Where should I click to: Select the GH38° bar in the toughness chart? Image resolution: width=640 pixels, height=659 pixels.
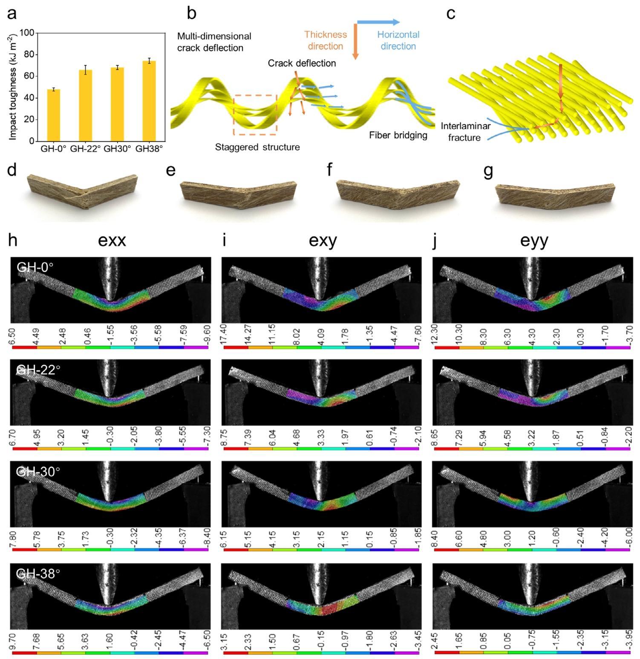[x=149, y=101]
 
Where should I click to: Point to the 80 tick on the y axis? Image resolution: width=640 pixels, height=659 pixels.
[x=29, y=54]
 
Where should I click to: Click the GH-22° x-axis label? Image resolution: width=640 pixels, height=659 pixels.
[x=85, y=149]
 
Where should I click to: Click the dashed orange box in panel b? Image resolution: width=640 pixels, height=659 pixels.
[x=255, y=115]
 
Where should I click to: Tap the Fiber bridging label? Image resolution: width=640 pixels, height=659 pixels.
[x=398, y=135]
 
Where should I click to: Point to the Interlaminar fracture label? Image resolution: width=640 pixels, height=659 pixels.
[x=465, y=132]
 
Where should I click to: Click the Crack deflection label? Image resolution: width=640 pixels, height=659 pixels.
[x=302, y=63]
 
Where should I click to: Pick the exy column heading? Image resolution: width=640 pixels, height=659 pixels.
[x=323, y=241]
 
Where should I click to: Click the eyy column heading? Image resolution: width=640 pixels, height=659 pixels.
[x=534, y=241]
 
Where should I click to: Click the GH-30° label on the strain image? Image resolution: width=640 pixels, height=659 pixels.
[x=38, y=472]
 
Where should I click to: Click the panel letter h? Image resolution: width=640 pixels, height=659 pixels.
[x=13, y=241]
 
